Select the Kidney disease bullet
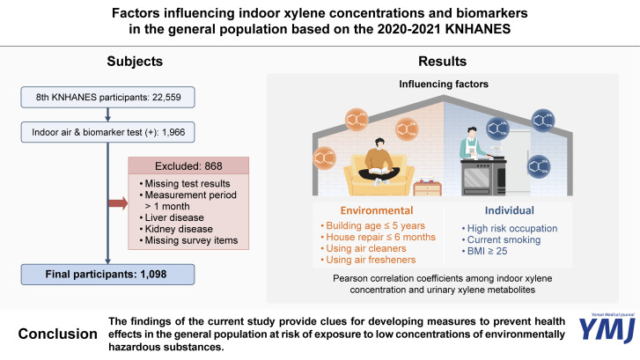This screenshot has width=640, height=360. [x=175, y=231]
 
